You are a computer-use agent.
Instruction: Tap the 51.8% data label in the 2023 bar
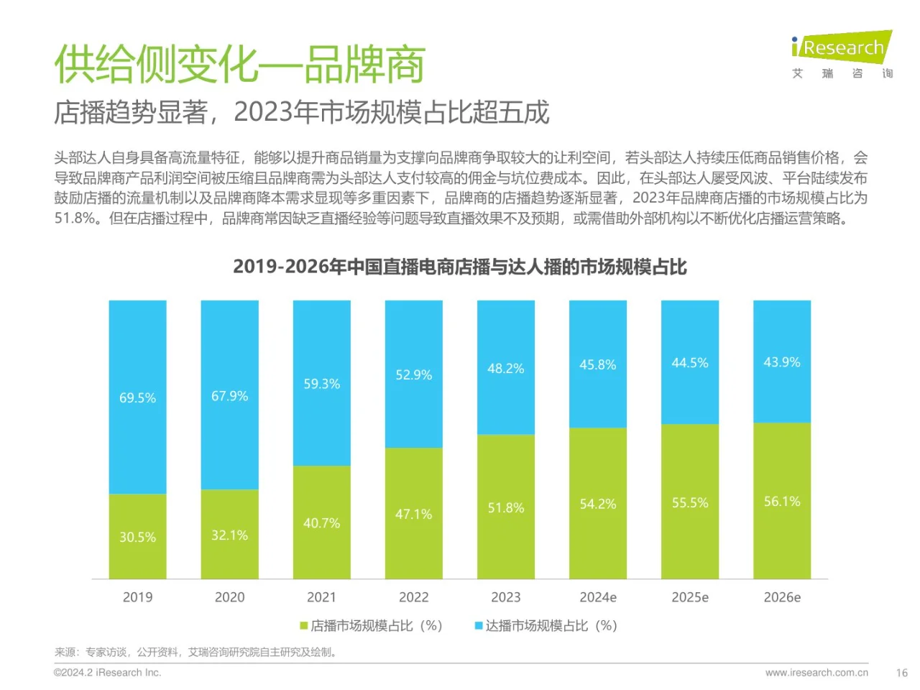click(x=505, y=507)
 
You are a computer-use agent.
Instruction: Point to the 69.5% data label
click(x=137, y=397)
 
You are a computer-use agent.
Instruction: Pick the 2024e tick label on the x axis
click(x=597, y=597)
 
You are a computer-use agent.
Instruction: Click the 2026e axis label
click(x=781, y=597)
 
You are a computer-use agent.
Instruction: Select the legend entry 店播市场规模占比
click(x=371, y=626)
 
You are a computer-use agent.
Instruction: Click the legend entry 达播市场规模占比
click(x=546, y=626)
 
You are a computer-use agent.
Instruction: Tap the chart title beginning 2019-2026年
click(x=459, y=267)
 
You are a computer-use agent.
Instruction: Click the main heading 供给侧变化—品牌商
click(x=239, y=64)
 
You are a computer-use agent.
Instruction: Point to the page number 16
click(x=901, y=673)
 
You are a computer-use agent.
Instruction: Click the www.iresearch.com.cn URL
click(x=816, y=673)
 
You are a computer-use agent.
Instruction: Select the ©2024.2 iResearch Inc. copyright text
click(x=108, y=673)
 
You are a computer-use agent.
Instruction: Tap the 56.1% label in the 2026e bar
click(x=781, y=501)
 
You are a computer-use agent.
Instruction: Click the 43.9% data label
click(x=781, y=362)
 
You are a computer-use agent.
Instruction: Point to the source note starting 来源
click(x=195, y=652)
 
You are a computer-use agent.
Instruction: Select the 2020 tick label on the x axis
click(x=229, y=597)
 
